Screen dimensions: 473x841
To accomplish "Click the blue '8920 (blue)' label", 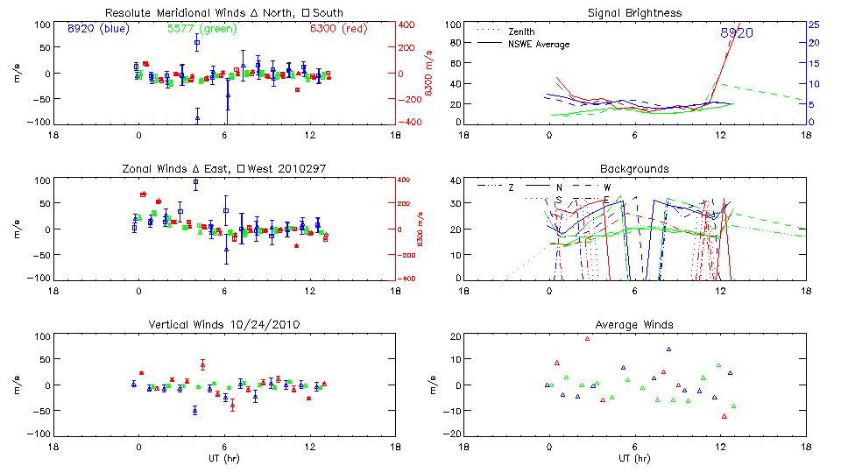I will click(97, 28).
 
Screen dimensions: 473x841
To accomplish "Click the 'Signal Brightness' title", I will click(634, 13).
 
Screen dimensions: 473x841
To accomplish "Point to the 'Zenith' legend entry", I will click(522, 32).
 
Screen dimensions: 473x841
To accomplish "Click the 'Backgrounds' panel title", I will click(634, 168).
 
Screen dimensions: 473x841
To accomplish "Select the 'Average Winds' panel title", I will click(634, 325).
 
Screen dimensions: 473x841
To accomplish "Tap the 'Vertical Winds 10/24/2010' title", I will click(223, 325).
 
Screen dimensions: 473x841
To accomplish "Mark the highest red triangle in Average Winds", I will click(587, 339).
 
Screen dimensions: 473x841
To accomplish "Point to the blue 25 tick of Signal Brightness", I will click(813, 25).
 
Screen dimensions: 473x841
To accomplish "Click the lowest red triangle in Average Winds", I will click(724, 416).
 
